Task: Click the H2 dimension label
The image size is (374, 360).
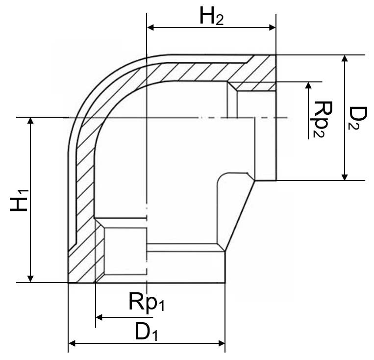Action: coord(211,17)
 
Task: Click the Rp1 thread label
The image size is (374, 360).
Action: coord(146,303)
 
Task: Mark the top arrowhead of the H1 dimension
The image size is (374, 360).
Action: coord(31,121)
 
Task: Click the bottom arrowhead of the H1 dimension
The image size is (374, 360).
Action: coord(31,279)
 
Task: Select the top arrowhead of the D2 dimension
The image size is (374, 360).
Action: coord(345,58)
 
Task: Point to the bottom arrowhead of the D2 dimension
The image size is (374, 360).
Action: coord(345,177)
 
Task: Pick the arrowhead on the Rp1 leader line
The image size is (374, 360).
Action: coord(99,318)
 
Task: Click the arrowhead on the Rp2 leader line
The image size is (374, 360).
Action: coord(308,85)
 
